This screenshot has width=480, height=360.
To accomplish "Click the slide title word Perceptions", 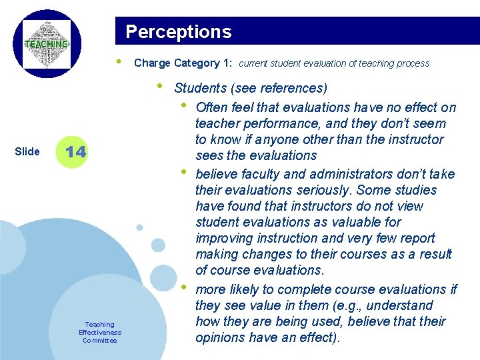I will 179,32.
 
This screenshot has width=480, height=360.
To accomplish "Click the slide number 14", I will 76,151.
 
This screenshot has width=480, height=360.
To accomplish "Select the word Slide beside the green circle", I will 27,151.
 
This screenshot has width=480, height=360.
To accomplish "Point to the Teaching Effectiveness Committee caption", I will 100,332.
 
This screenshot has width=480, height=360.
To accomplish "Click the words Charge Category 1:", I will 177,63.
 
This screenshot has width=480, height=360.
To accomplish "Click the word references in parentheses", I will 294,88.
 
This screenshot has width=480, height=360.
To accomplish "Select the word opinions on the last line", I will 222,337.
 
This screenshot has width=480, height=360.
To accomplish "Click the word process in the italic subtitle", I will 414,63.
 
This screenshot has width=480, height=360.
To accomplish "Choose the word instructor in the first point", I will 409,139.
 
